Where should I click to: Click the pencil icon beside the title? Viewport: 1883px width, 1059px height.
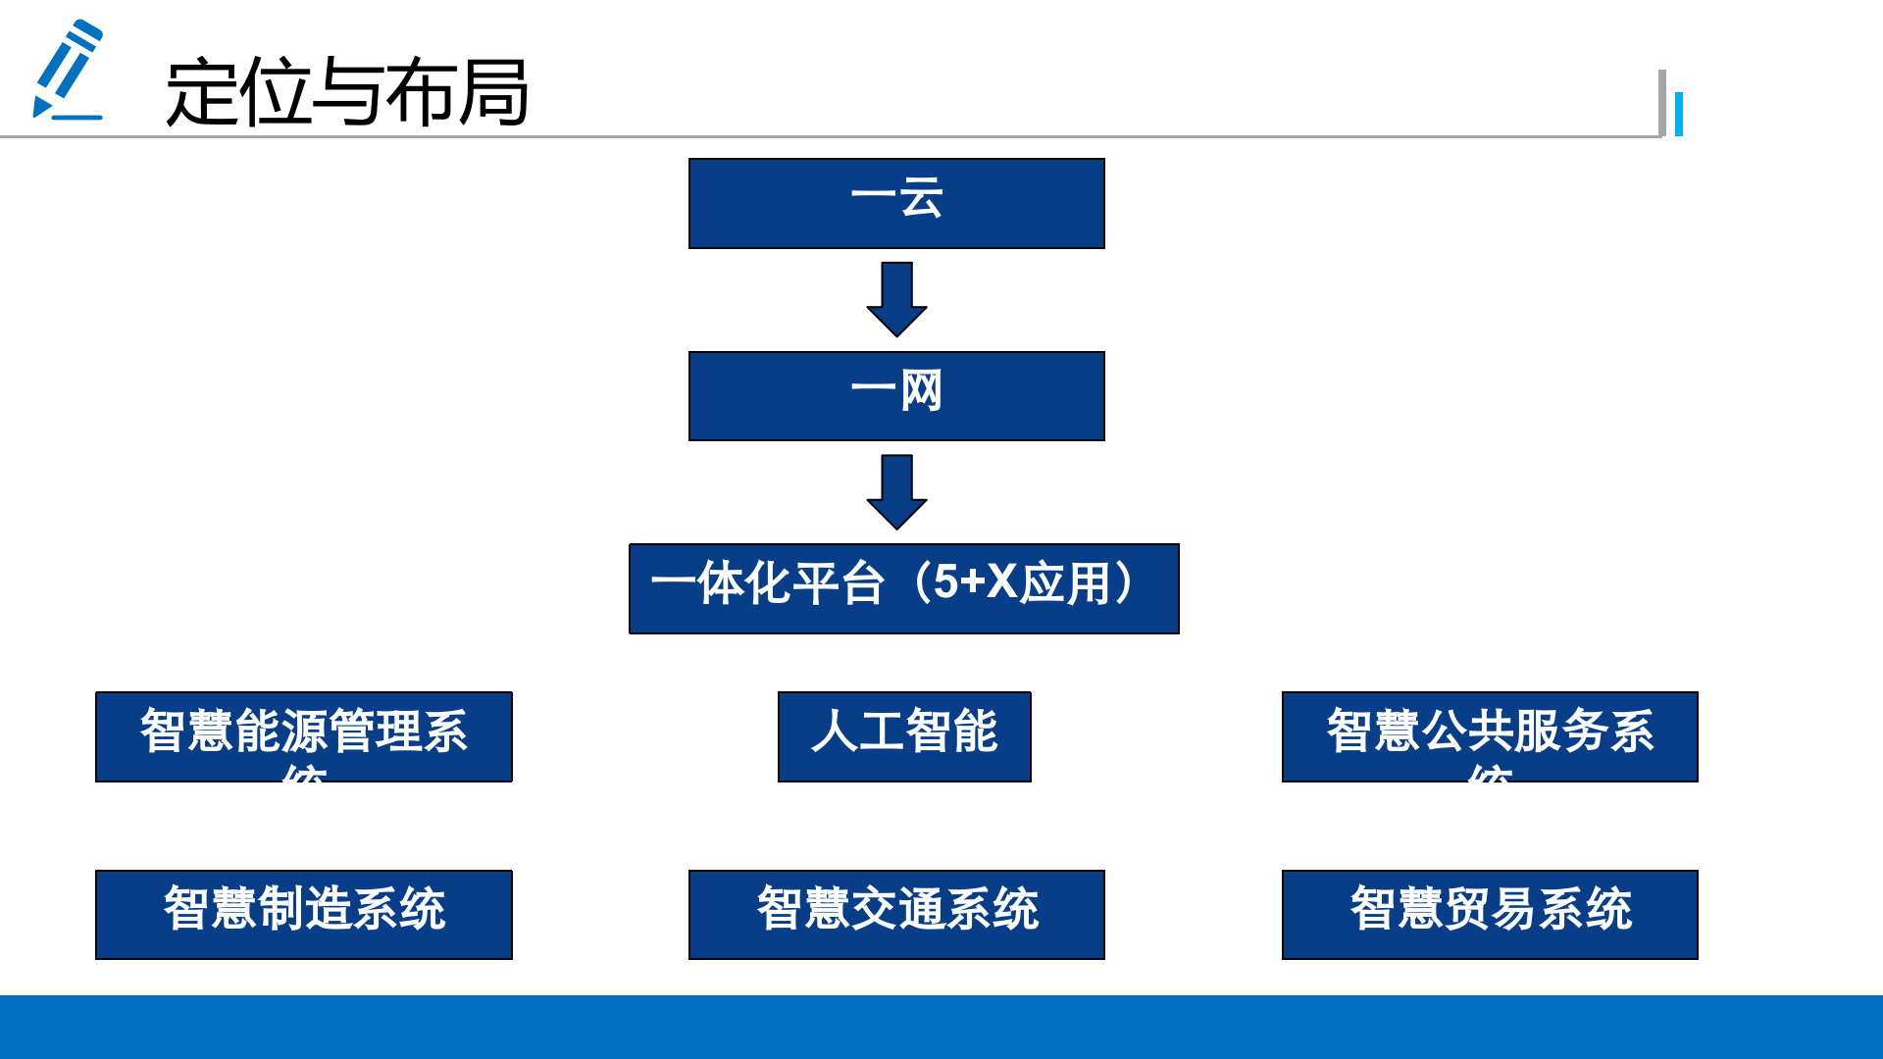point(67,71)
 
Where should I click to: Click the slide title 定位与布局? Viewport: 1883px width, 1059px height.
point(347,93)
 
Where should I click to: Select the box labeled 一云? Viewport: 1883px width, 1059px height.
point(896,203)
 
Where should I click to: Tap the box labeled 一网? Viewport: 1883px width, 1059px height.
point(896,395)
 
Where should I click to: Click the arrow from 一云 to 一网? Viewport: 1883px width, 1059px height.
point(896,298)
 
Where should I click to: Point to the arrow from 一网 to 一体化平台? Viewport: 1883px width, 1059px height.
point(896,491)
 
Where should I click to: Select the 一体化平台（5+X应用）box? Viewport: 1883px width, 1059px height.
point(903,588)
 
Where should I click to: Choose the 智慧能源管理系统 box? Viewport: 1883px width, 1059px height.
point(304,736)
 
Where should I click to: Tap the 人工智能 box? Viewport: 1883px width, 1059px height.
point(903,736)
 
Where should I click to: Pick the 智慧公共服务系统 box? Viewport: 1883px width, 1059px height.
point(1489,736)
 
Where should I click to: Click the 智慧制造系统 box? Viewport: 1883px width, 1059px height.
point(304,914)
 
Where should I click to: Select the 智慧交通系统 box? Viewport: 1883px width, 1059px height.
point(896,914)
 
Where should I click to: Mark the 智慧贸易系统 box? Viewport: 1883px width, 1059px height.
point(1489,914)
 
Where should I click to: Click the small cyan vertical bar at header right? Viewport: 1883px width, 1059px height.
point(1679,114)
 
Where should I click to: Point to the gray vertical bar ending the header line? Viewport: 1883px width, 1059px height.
point(1662,102)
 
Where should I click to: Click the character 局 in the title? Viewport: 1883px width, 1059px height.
point(493,93)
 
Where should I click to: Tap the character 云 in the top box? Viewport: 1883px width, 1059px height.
point(921,198)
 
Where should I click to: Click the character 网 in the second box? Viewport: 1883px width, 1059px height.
point(921,390)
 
